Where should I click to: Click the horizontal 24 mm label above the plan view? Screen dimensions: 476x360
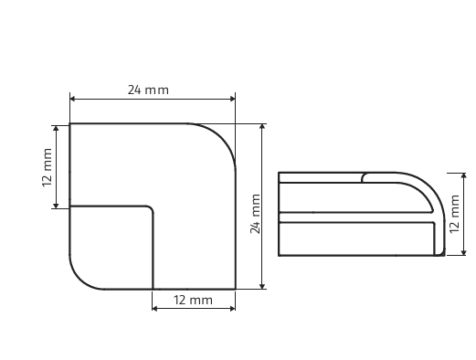(148, 90)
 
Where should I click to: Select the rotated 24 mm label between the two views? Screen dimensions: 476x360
(255, 214)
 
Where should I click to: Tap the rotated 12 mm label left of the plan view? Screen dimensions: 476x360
(48, 167)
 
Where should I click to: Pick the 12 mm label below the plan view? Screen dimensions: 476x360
(193, 301)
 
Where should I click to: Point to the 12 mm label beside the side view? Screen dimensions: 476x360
(454, 214)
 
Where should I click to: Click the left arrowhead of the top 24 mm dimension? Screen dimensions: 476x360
(73, 99)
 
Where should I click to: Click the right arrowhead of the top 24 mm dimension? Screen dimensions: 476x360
(232, 99)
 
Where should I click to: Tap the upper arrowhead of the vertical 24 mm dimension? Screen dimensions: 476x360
(262, 127)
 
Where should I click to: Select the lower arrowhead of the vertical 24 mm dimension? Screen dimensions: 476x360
(262, 286)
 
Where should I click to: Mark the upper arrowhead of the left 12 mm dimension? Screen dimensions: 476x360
(56, 129)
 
